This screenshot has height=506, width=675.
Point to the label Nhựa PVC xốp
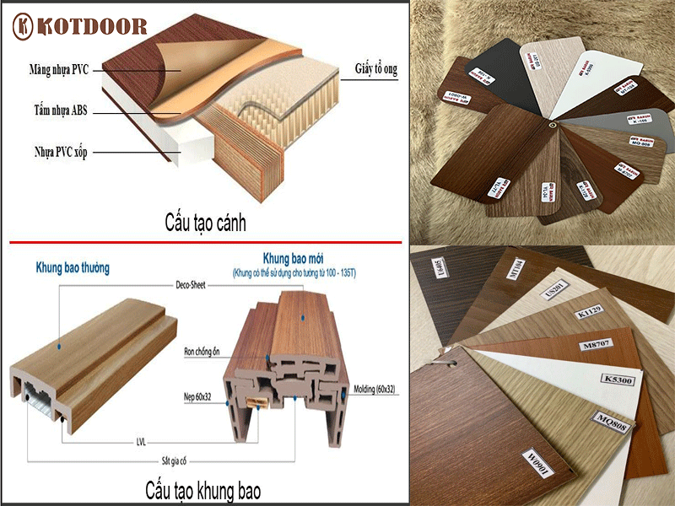51,153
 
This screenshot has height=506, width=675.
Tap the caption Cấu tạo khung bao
202,490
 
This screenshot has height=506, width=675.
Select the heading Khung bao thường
73,268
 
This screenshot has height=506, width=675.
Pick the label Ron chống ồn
208,348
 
